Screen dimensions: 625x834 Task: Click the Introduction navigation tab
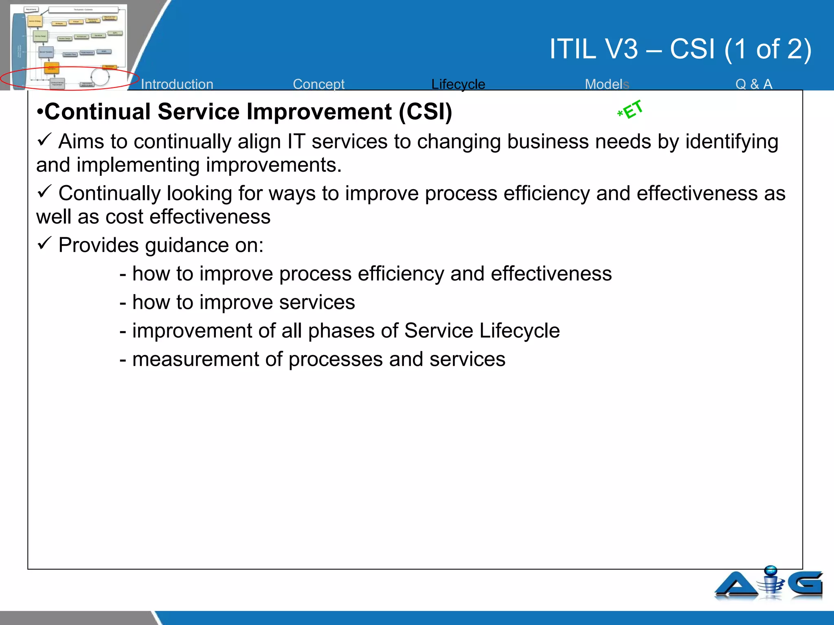(x=177, y=84)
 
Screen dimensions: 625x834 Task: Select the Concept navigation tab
(x=318, y=84)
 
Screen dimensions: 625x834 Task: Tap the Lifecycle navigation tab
(x=458, y=84)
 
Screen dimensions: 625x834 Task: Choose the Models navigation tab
(x=607, y=84)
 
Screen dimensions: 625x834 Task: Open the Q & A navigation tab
(x=754, y=84)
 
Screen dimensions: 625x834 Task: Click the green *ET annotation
(x=630, y=110)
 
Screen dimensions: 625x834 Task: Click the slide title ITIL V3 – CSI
(x=680, y=49)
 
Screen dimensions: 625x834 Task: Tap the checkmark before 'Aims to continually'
(x=44, y=140)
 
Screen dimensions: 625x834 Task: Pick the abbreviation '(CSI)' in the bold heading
(x=425, y=111)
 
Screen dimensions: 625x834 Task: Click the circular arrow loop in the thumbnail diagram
(x=100, y=76)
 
